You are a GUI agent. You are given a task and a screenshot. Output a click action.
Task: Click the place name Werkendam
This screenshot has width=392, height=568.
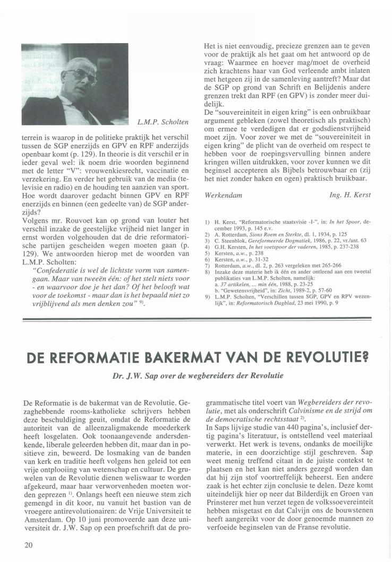(x=223, y=195)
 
